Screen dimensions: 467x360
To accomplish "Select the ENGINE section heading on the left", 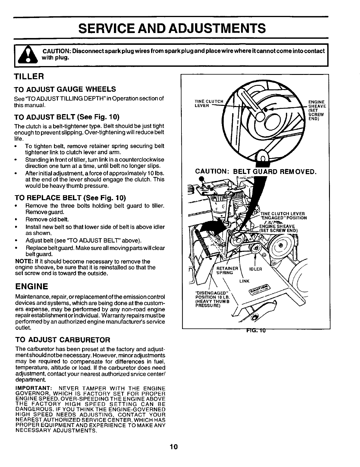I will tap(32, 287).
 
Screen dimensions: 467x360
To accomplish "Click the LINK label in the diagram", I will tap(245, 281).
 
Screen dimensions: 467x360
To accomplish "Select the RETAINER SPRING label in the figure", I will tap(227, 270).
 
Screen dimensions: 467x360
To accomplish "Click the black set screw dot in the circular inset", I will tap(266, 109).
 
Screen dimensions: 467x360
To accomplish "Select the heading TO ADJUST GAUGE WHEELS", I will tap(65, 89).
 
